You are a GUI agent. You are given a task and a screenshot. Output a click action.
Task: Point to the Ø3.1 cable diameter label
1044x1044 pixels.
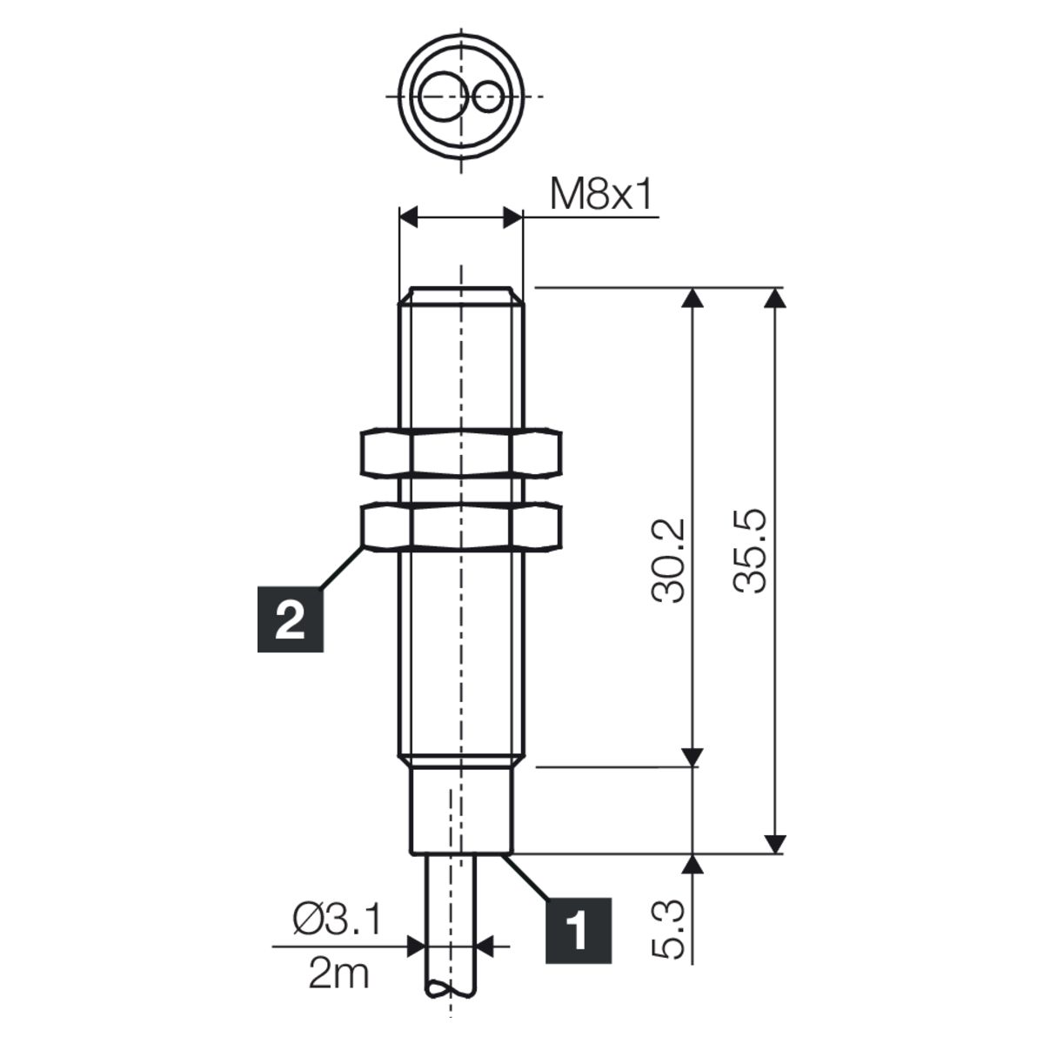338,920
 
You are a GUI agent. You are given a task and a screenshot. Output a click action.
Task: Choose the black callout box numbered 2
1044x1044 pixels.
290,619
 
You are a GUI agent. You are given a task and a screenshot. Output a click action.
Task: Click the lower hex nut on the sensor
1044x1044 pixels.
460,526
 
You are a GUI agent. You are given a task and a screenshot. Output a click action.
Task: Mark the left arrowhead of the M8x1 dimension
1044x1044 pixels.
409,217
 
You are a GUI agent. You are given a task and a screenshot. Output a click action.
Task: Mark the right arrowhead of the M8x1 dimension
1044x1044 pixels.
512,217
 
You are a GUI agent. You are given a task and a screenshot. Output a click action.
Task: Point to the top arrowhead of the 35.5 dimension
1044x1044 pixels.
776,298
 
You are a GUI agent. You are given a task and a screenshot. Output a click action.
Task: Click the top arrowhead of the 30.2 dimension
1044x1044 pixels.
694,298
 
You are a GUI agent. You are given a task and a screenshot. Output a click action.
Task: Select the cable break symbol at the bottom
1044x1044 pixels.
451,989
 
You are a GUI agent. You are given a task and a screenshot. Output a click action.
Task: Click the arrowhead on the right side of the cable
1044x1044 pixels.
486,947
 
